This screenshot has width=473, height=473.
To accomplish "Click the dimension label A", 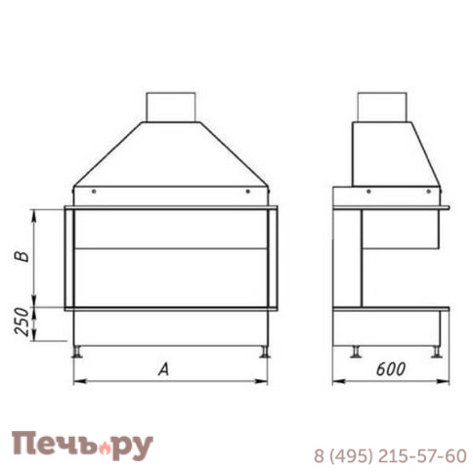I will pyautogui.click(x=165, y=368).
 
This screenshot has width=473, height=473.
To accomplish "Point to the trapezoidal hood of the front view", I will pyautogui.click(x=170, y=156).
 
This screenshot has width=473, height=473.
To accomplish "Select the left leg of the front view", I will pyautogui.click(x=79, y=349).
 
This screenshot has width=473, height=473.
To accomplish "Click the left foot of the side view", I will pyautogui.click(x=356, y=350).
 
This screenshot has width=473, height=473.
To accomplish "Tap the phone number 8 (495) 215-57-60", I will pyautogui.click(x=390, y=455).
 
